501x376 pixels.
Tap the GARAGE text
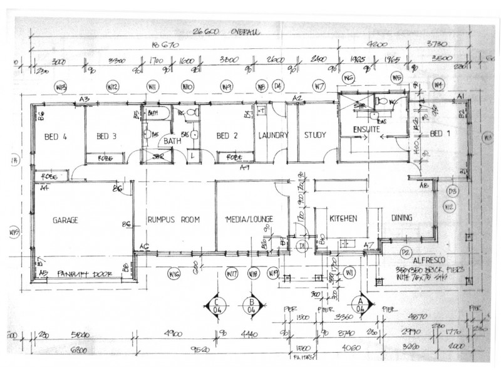point(65,220)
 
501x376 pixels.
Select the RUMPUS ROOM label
point(173,220)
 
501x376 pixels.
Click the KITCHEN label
point(343,219)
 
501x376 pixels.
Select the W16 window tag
point(175,273)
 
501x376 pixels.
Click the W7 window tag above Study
point(319,86)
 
